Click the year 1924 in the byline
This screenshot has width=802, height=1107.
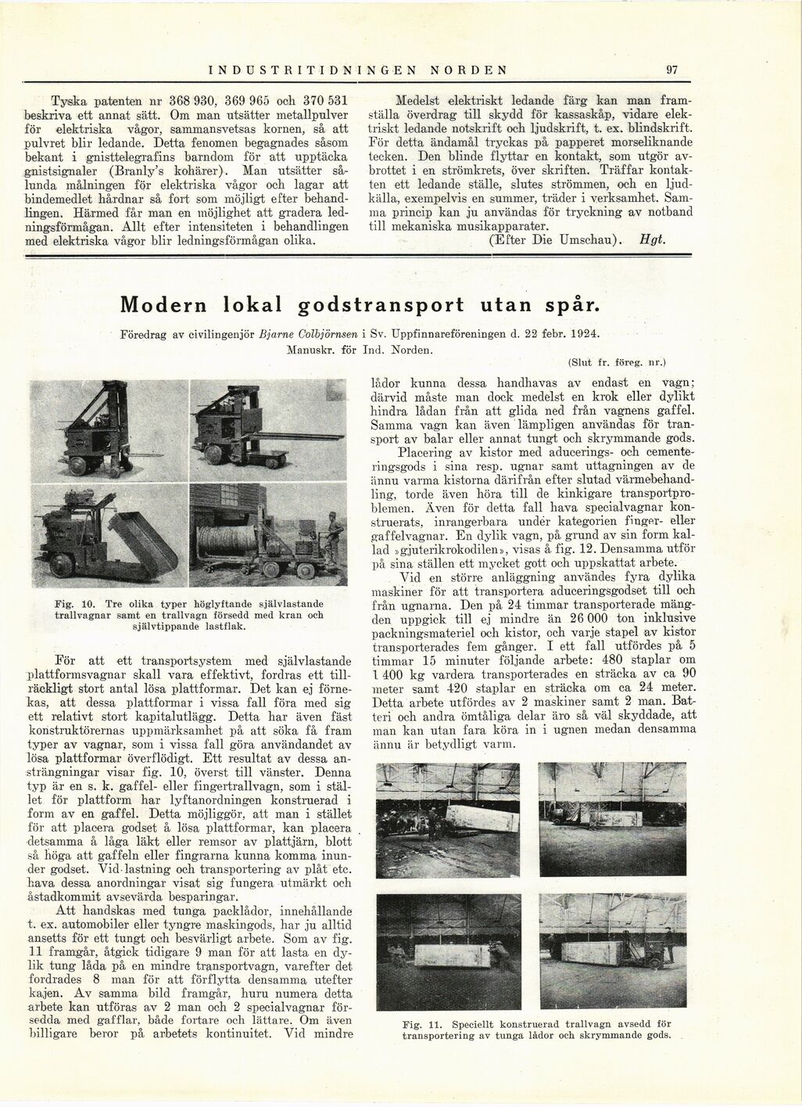(584, 334)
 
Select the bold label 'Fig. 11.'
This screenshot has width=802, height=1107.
(422, 1023)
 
